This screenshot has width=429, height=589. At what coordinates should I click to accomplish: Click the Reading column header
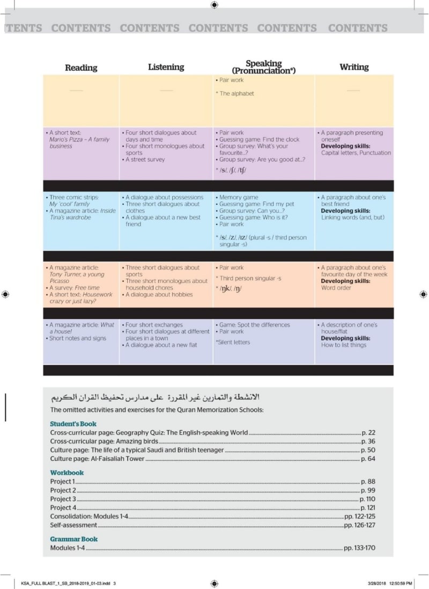(x=81, y=68)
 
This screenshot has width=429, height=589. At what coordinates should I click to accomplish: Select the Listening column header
(x=166, y=67)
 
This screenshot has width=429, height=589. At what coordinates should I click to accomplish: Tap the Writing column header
(x=354, y=67)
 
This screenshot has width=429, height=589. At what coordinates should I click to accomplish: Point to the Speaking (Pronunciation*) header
(x=263, y=67)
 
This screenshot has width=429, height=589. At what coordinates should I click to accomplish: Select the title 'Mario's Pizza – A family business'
(x=79, y=143)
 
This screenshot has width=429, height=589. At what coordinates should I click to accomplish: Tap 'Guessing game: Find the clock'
(x=260, y=139)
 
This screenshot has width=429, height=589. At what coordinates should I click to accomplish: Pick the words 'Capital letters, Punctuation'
(x=356, y=153)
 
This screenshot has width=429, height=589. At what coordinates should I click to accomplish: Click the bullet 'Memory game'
(x=239, y=198)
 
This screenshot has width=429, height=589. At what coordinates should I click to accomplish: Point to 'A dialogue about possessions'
(x=165, y=197)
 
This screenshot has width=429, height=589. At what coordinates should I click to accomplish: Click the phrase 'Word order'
(x=336, y=288)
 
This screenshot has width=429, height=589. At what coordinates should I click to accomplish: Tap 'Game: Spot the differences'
(x=255, y=325)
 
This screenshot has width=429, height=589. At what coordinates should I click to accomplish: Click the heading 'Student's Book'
(x=73, y=424)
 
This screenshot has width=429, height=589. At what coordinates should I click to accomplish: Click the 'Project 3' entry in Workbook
(x=63, y=499)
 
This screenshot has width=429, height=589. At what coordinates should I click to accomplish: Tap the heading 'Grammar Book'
(x=74, y=539)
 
